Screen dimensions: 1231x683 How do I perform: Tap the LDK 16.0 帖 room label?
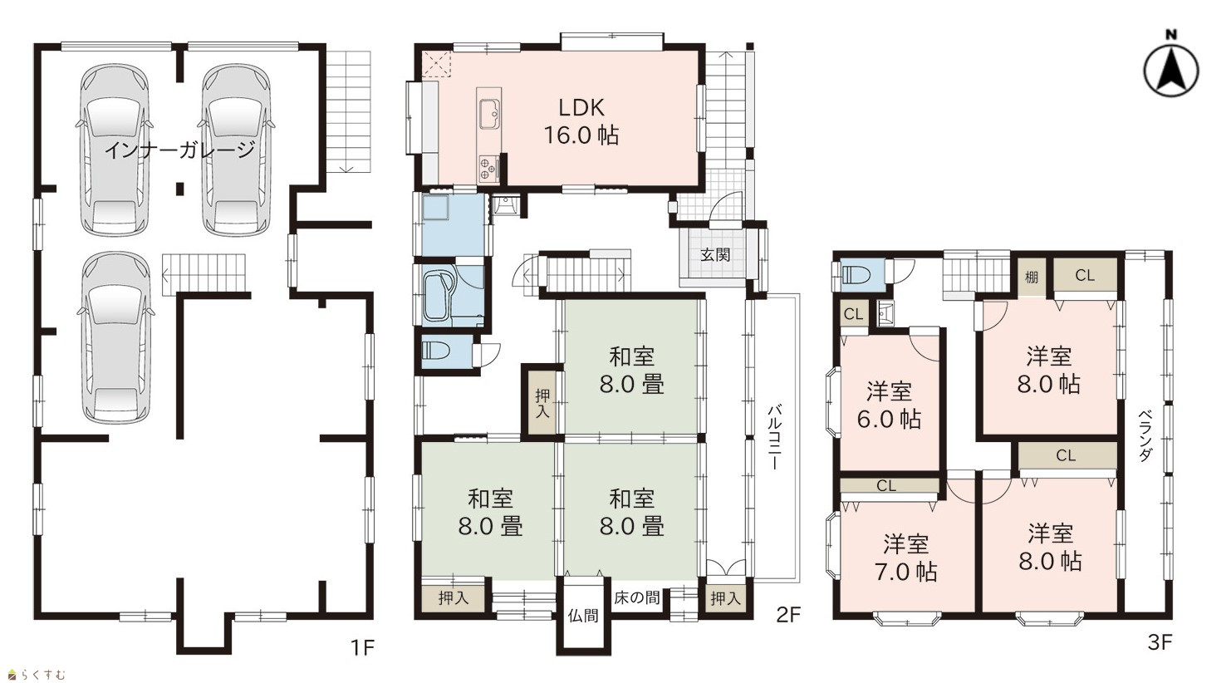point(581,121)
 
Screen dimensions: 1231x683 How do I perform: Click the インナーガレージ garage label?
point(179,149)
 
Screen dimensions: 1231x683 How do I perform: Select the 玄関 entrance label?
point(715,254)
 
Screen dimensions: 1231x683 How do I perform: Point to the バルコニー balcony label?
point(774,437)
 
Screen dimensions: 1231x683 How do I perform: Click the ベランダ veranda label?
point(1145,435)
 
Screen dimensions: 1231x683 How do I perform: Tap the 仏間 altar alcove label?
point(583,616)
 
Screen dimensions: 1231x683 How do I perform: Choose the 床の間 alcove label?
point(636,597)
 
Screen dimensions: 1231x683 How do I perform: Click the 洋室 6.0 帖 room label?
point(889,405)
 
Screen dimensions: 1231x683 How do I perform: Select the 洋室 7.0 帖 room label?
point(906,558)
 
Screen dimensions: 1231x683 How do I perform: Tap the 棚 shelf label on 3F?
point(1032,278)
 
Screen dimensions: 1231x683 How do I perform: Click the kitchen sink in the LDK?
point(489,114)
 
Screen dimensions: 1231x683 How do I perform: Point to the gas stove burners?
point(488,168)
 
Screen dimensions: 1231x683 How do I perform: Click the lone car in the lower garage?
point(116,337)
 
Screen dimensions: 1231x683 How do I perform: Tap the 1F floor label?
point(363,647)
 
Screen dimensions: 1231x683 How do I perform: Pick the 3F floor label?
point(1160,642)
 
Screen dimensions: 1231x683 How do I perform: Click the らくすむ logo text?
point(44,675)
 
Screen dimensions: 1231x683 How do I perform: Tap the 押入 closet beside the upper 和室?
point(542,403)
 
